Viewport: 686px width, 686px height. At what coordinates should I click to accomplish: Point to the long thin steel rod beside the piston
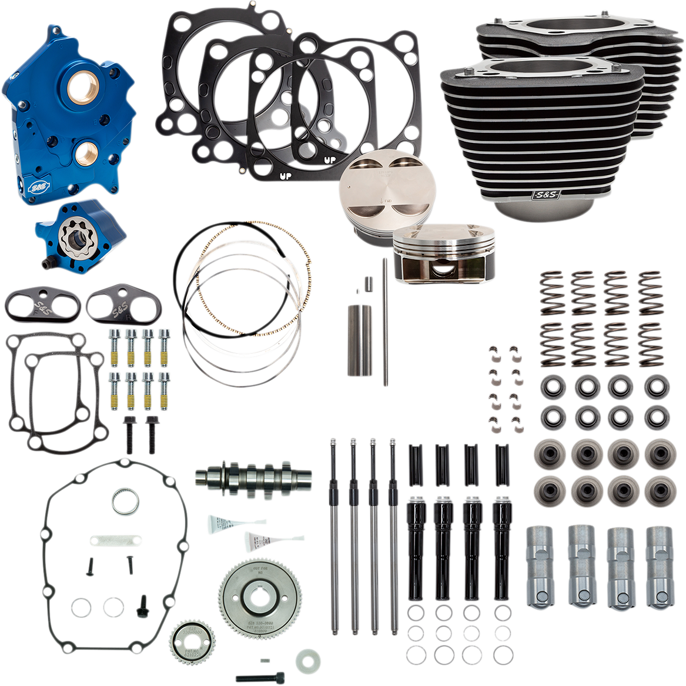385,323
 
